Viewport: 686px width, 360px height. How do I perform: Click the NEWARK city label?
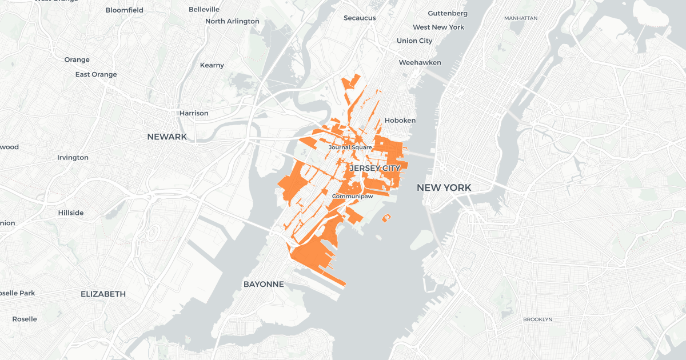point(167,137)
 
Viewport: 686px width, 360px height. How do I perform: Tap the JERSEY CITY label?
point(374,169)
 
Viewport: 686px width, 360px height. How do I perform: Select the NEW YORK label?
point(444,187)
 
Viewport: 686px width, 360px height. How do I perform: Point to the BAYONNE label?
point(264,284)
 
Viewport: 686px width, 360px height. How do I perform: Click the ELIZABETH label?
point(103,294)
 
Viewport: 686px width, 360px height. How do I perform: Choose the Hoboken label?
point(400,121)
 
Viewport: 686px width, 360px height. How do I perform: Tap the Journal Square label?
point(350,147)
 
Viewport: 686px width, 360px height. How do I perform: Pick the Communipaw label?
point(353,196)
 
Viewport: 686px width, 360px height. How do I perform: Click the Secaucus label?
point(360,18)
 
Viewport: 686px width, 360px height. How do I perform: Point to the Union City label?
point(414,41)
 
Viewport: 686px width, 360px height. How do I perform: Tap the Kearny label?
point(212,65)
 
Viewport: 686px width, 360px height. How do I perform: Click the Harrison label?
point(194,113)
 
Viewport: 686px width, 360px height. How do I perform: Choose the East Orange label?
point(96,74)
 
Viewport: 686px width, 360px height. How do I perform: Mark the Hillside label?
point(71,213)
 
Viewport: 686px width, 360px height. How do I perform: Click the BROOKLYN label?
point(537,319)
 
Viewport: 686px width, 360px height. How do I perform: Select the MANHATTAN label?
point(521,18)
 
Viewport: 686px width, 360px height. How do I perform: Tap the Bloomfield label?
point(124,10)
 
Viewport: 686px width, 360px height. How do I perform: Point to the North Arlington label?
point(232,21)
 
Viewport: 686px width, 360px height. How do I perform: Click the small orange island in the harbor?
point(386,217)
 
